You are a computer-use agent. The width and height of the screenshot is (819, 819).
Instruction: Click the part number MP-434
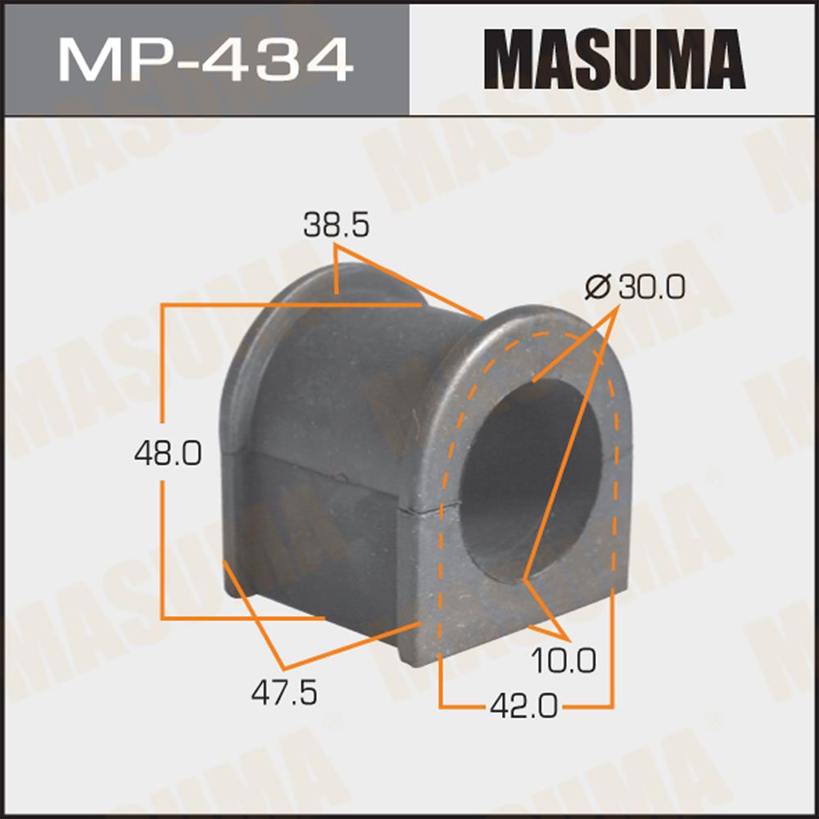pyautogui.click(x=206, y=60)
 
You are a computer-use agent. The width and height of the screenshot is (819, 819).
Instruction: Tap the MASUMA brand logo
pyautogui.click(x=615, y=59)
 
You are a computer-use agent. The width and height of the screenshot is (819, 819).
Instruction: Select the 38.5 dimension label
pyautogui.click(x=337, y=226)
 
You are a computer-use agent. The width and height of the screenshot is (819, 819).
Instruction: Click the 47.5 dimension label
pyautogui.click(x=284, y=693)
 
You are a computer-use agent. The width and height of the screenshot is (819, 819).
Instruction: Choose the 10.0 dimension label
pyautogui.click(x=563, y=660)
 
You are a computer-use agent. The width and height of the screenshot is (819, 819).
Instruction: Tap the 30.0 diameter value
pyautogui.click(x=651, y=287)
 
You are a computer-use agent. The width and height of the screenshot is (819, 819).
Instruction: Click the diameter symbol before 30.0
pyautogui.click(x=598, y=287)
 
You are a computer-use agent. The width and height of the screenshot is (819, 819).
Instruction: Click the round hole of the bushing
pyautogui.click(x=532, y=478)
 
